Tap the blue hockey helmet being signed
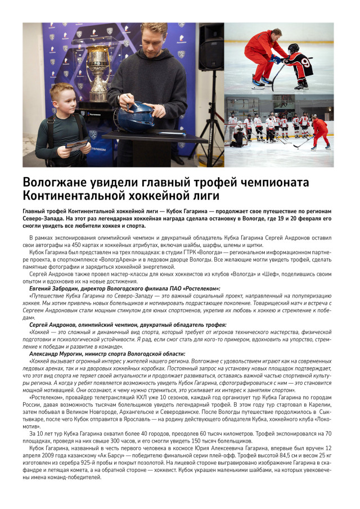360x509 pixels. point(135,117)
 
